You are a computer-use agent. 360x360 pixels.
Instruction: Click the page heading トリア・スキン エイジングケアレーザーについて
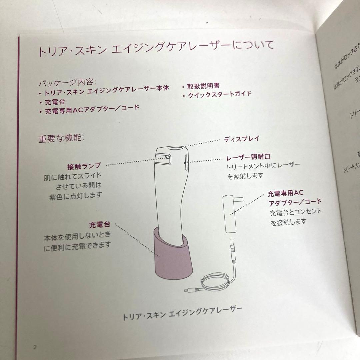[x=156, y=49]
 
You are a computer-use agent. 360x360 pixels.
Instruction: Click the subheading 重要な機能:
[x=62, y=138]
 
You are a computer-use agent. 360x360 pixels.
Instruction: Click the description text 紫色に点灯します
[x=75, y=195]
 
